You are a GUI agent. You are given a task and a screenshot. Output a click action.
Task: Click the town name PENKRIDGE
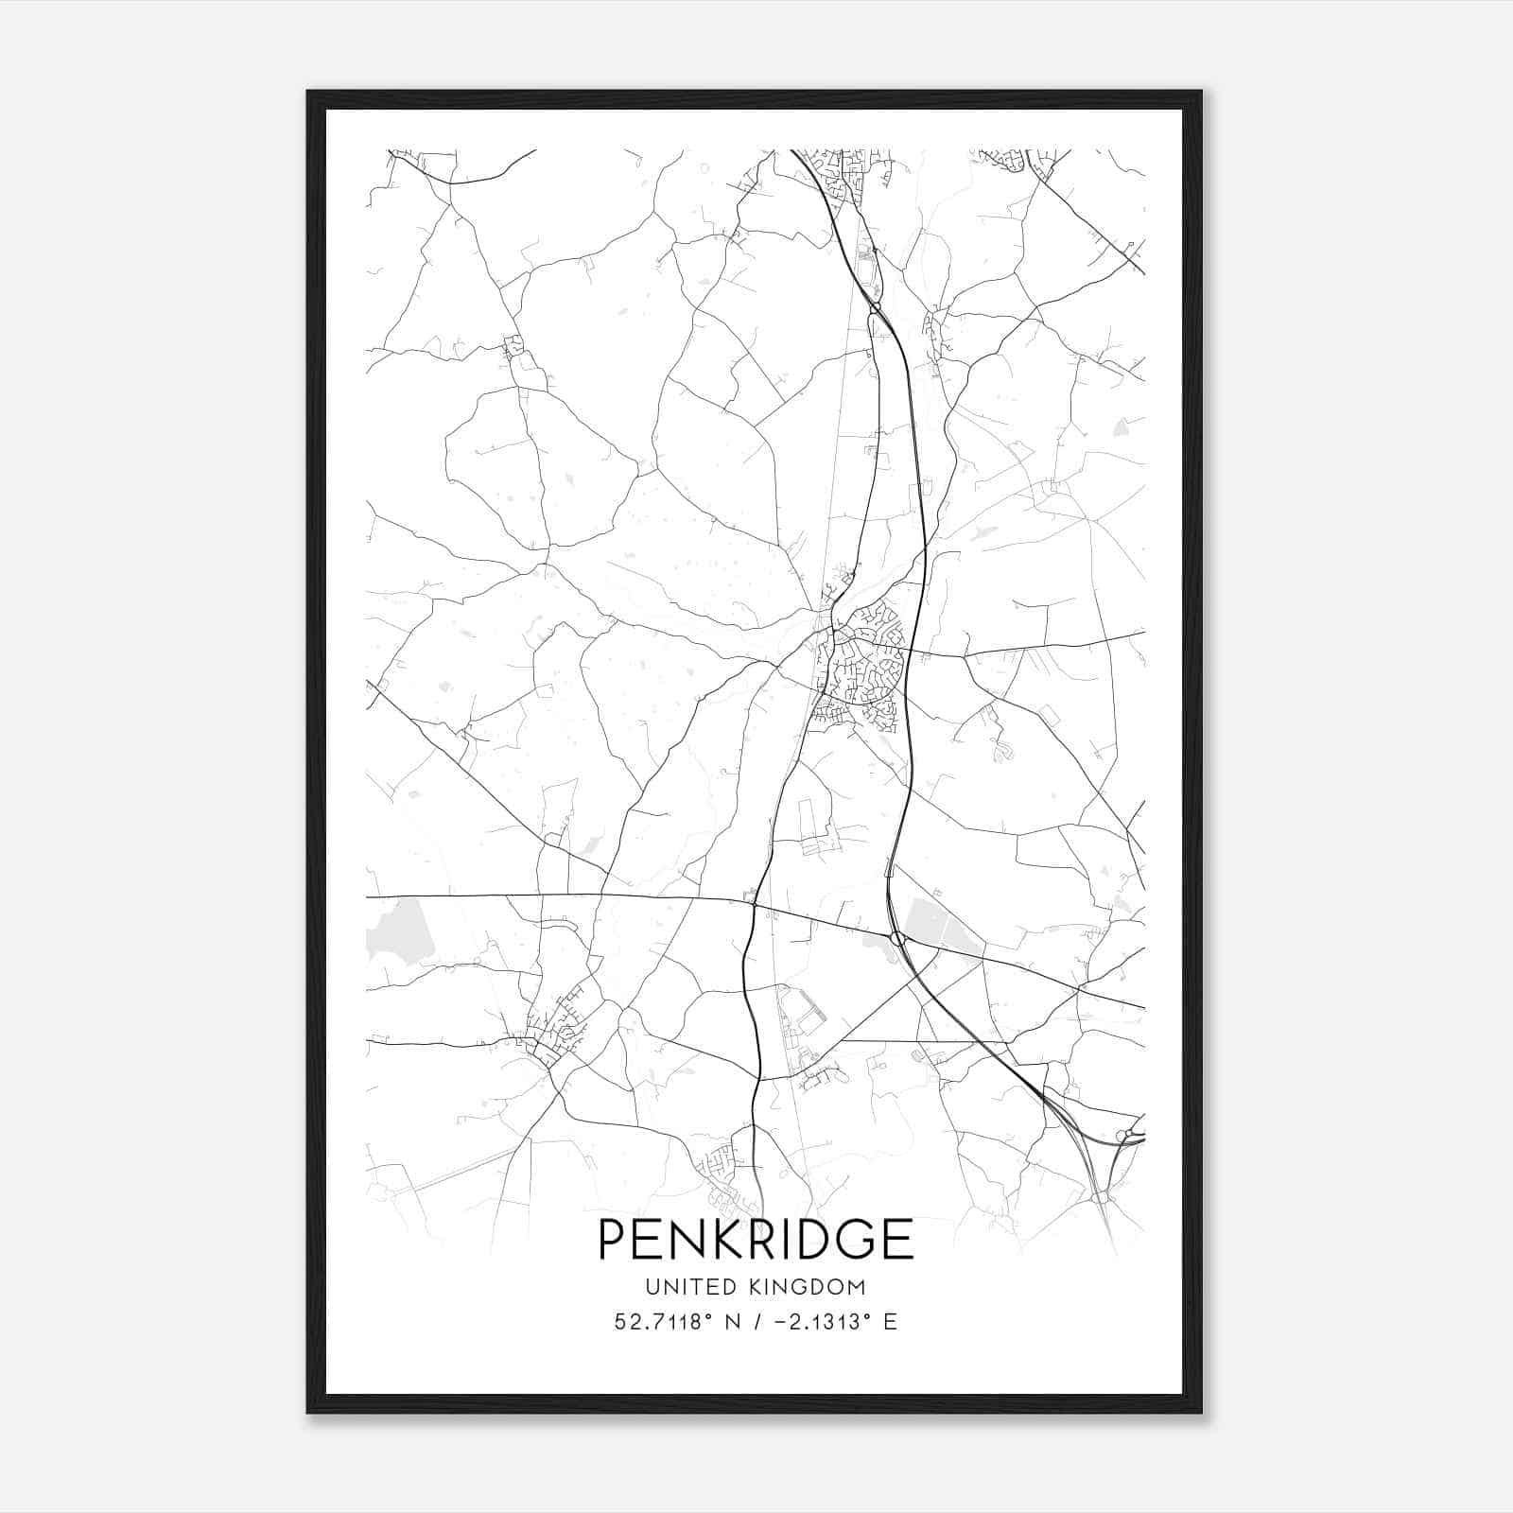coord(756,1239)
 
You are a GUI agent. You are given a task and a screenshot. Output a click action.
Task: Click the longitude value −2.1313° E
coord(833,1322)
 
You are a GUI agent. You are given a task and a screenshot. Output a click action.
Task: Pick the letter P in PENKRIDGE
coord(613,1239)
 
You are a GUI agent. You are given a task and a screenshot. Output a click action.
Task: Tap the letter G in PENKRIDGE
coord(854,1239)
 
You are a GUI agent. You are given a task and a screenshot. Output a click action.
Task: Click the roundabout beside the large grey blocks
coord(896,939)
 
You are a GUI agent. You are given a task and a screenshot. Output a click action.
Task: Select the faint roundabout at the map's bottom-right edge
coord(1100,1198)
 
